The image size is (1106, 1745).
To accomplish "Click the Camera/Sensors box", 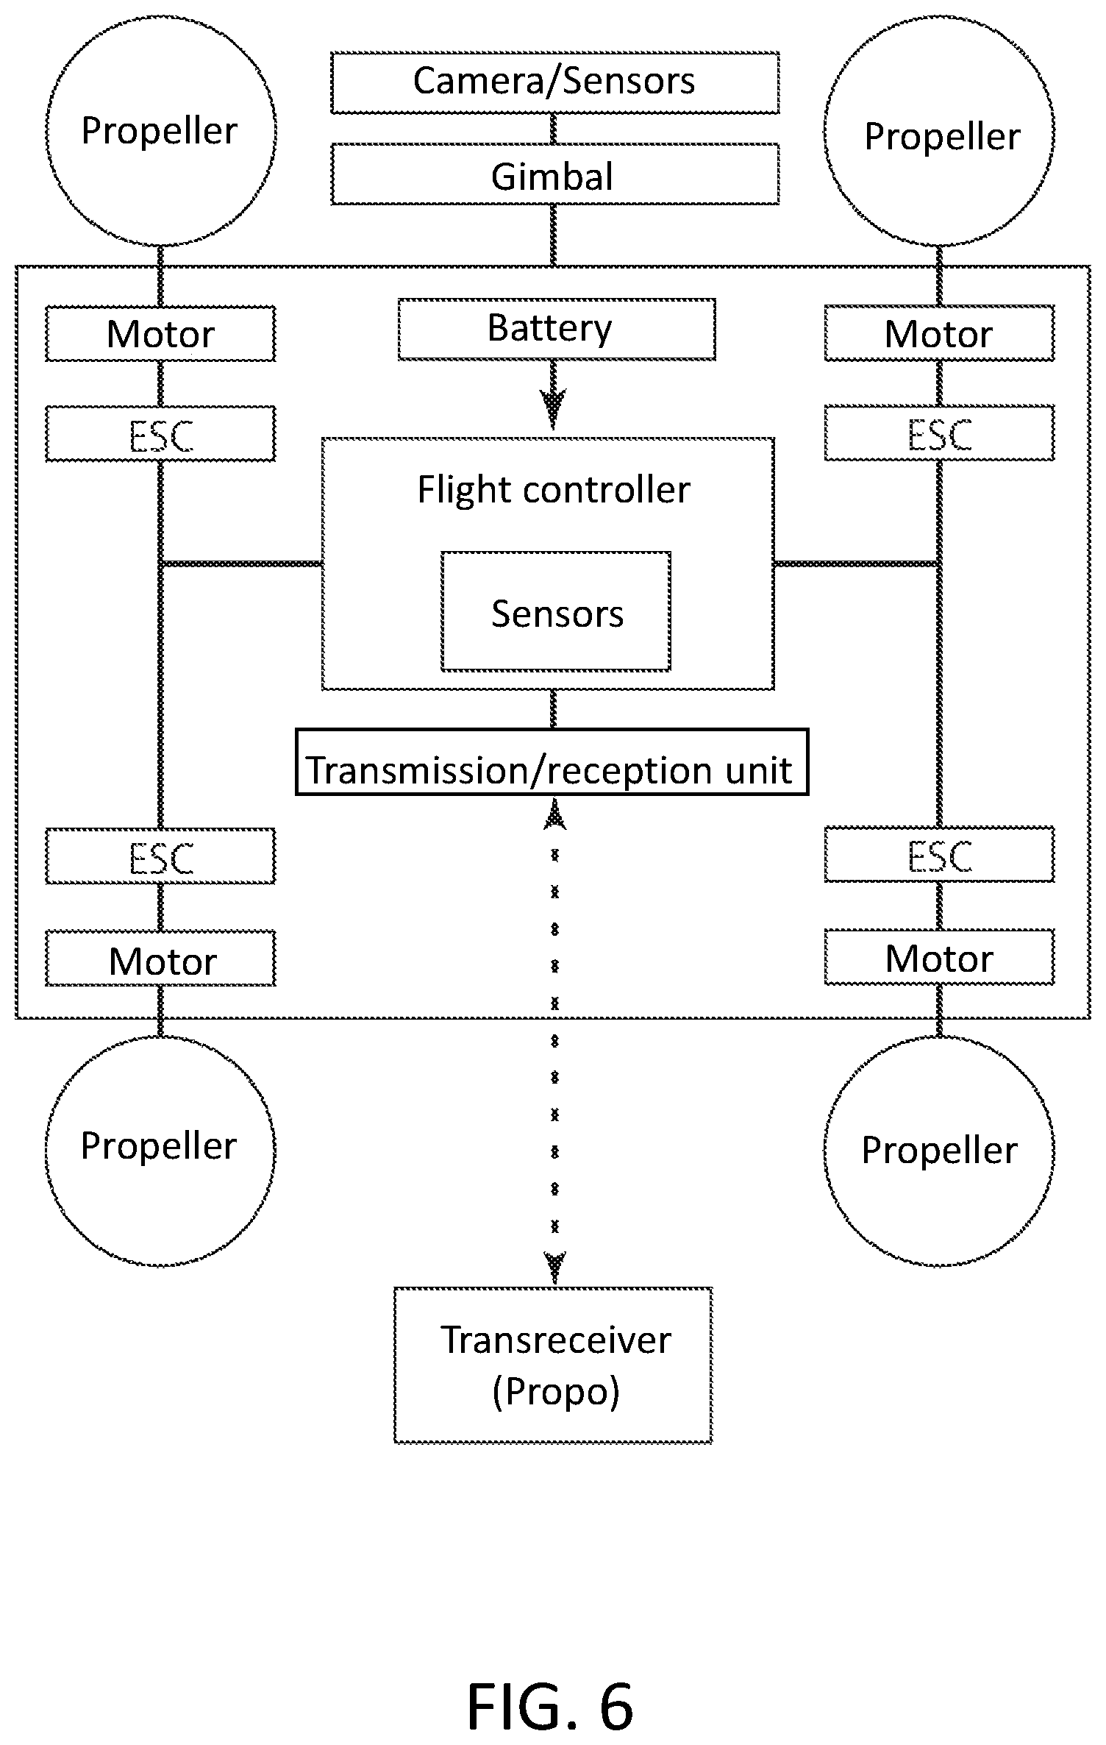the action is pyautogui.click(x=554, y=82).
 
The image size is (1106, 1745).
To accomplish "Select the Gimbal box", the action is pyautogui.click(x=554, y=174).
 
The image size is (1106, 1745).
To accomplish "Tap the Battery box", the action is pyautogui.click(x=557, y=329).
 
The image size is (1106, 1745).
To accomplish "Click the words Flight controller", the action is pyautogui.click(x=554, y=490).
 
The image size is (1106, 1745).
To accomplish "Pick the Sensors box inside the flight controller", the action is pyautogui.click(x=556, y=611).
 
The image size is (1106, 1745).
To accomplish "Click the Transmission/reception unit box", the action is pyautogui.click(x=552, y=762).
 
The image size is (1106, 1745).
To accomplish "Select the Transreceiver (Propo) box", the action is pyautogui.click(x=553, y=1365).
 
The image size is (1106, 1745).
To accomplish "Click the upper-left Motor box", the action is pyautogui.click(x=160, y=334).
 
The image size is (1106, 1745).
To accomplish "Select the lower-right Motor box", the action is pyautogui.click(x=939, y=957).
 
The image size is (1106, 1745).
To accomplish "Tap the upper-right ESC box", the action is pyautogui.click(x=939, y=433).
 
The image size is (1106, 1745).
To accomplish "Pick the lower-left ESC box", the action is pyautogui.click(x=160, y=856).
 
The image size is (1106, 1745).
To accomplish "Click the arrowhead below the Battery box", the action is pyautogui.click(x=553, y=409).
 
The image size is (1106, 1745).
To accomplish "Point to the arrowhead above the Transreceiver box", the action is pyautogui.click(x=554, y=1267).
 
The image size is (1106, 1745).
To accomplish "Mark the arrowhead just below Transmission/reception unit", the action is pyautogui.click(x=554, y=815).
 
